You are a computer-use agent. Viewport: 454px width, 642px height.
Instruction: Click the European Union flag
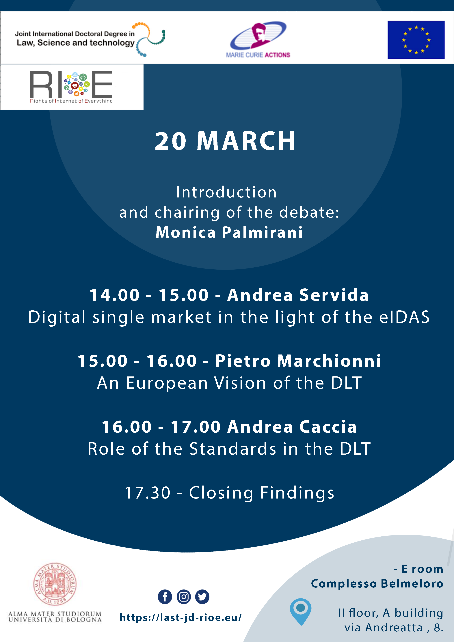point(416,40)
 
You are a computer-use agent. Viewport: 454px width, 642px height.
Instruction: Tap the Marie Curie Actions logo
point(258,39)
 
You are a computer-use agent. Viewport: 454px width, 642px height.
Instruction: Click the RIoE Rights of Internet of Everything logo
point(71,87)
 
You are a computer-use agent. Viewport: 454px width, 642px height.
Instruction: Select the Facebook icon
point(165,597)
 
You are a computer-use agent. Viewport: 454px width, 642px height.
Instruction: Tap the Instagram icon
point(183,597)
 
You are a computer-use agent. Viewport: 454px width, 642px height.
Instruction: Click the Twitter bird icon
point(202,597)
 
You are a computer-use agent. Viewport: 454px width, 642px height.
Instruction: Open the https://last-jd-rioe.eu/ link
point(181,617)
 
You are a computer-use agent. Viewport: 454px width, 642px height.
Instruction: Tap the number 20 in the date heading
point(171,141)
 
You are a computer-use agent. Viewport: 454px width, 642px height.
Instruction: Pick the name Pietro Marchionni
point(298,361)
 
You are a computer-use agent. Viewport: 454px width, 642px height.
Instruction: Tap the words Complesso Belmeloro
point(377,584)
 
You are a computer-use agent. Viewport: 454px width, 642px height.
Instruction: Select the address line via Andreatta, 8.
point(394,628)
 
